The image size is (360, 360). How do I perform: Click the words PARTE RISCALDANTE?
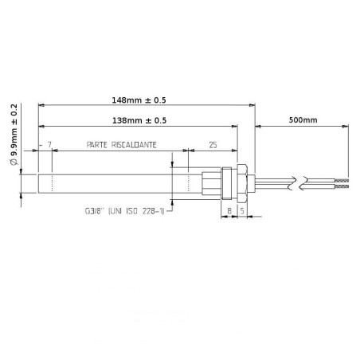pos(121,145)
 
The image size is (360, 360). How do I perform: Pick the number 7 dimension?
pos(50,145)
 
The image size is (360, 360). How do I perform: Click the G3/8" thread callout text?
pos(95,213)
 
